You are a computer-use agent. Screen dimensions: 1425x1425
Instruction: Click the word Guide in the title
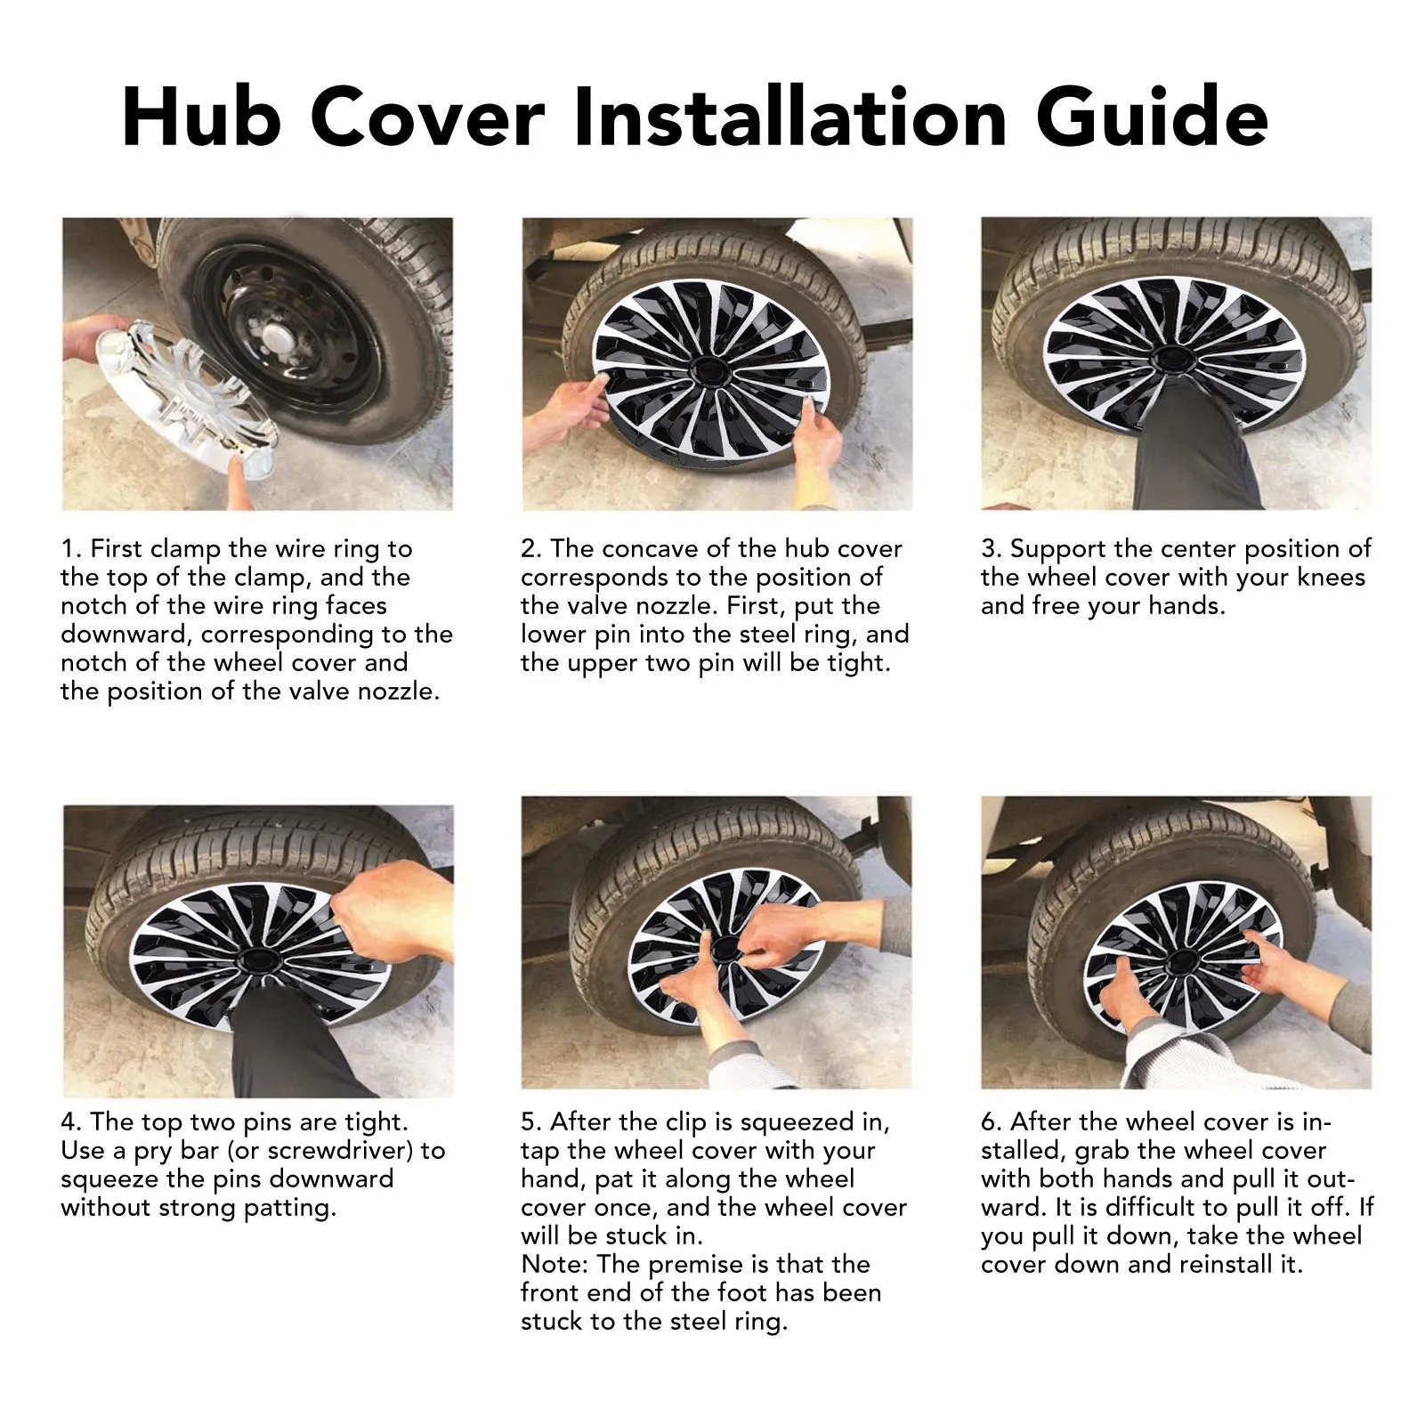point(1152,116)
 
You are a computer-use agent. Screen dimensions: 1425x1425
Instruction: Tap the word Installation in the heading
point(790,116)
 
